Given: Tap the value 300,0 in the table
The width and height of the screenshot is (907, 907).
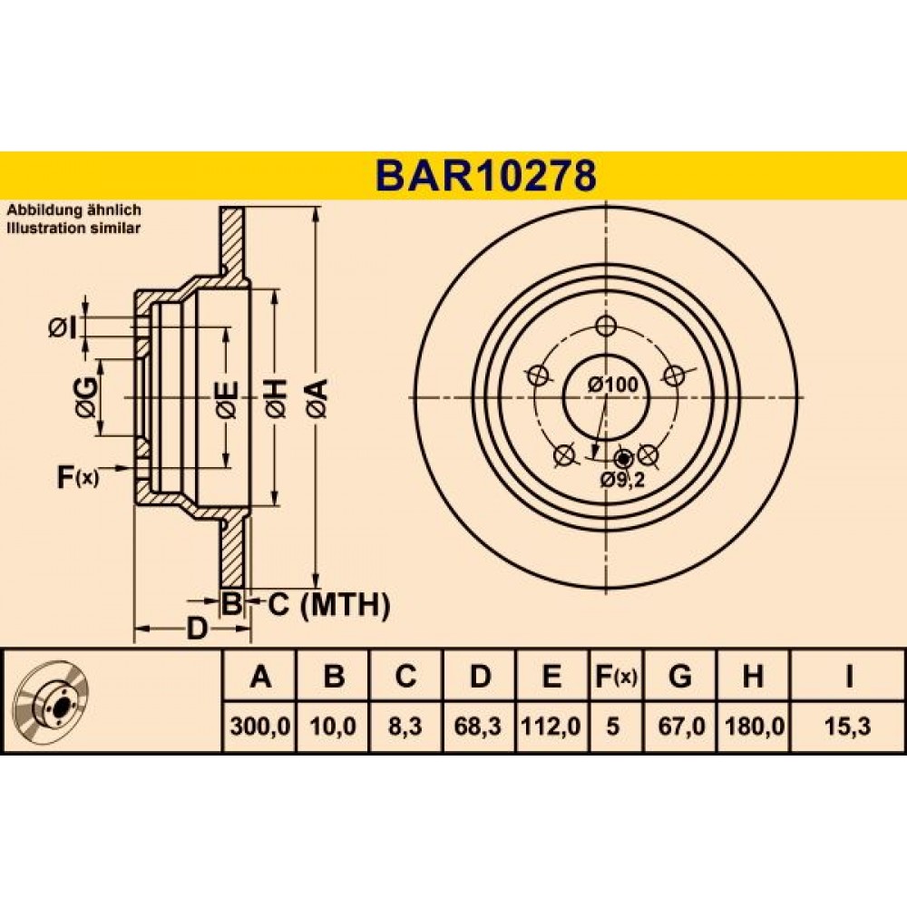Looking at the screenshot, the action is point(259,726).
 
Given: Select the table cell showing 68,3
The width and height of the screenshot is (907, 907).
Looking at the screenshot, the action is point(478,726).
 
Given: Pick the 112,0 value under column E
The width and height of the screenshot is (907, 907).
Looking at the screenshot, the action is point(551,726).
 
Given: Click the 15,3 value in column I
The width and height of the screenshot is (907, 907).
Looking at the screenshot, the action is point(848,726).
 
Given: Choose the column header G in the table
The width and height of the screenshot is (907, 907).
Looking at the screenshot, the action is point(679,676).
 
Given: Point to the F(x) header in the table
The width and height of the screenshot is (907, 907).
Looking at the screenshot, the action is point(616,676).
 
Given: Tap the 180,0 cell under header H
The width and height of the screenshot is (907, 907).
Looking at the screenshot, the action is point(753,726).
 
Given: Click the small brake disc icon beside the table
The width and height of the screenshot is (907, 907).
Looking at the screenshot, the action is point(53,699).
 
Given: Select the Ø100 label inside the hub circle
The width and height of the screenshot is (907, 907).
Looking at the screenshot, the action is point(613,384).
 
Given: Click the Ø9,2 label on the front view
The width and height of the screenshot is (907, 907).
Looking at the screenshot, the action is point(622,480).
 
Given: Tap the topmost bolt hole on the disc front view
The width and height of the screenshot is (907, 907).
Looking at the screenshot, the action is point(606,326).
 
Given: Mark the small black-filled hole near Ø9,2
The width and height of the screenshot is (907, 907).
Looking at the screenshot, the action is point(623,459).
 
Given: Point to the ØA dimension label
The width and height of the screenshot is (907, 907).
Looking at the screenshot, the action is point(318,398).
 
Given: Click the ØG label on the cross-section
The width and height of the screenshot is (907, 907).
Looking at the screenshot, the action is point(86,397).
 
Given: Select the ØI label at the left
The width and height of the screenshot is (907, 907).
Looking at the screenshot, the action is point(63,328).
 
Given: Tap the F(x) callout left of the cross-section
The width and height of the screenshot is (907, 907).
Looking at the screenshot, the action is point(78,477).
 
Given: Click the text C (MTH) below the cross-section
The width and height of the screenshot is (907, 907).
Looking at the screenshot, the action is point(328,605).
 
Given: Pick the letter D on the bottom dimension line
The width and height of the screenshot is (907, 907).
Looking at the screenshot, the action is point(196,629).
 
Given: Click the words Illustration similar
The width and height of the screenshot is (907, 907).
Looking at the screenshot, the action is point(73,228).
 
